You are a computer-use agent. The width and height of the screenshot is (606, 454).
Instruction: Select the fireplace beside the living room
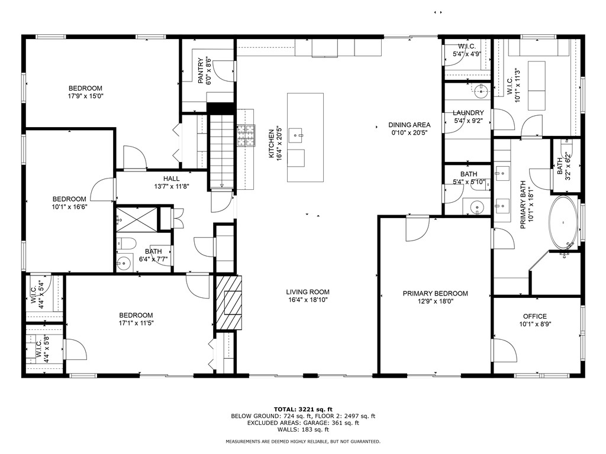click(x=228, y=303)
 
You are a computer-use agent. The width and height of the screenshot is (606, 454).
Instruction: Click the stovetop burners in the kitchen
click(x=246, y=137)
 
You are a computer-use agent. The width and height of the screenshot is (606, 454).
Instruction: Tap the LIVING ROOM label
click(x=308, y=292)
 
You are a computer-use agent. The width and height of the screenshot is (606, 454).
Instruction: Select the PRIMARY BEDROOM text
click(x=435, y=293)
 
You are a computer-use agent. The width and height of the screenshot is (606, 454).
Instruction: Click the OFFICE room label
click(x=534, y=316)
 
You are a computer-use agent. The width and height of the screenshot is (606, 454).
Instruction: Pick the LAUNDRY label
click(x=468, y=113)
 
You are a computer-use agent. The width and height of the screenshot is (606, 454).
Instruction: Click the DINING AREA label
click(x=409, y=125)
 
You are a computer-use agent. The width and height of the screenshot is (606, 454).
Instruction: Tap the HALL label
click(x=171, y=179)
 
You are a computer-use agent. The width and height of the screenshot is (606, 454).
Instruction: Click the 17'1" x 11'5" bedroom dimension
click(x=136, y=323)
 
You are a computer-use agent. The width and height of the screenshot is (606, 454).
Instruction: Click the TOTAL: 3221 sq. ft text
click(x=302, y=409)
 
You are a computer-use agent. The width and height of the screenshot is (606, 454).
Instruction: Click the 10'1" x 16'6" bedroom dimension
click(x=69, y=207)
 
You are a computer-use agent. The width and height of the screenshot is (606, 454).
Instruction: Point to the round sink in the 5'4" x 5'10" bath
click(x=477, y=207)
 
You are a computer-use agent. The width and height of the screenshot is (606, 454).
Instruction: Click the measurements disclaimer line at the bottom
click(x=302, y=442)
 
